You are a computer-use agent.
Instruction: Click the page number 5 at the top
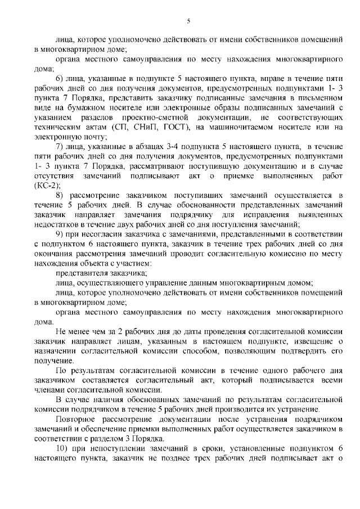point(189,21)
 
